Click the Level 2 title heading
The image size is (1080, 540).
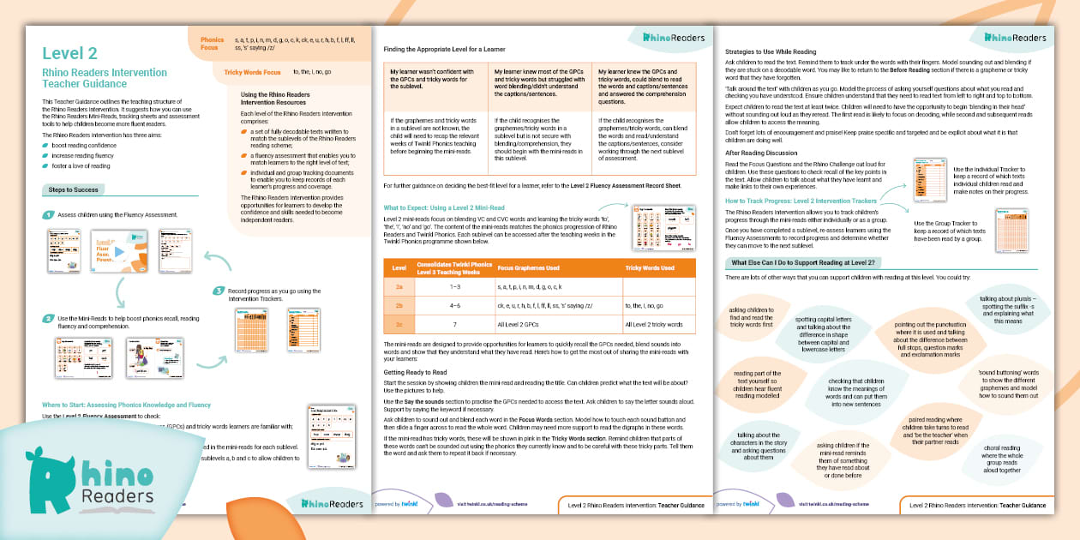coord(70,54)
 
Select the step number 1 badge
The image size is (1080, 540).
coord(49,214)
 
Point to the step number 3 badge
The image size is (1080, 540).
coord(219,291)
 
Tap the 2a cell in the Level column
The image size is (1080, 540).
coord(399,285)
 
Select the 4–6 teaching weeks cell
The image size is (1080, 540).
coord(455,304)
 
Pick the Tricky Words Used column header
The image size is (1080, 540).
coord(650,267)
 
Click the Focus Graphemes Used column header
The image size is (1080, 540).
coord(529,267)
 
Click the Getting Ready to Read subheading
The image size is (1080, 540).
coord(415,373)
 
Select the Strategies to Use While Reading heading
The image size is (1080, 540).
coord(771,51)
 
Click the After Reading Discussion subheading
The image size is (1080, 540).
coord(761,153)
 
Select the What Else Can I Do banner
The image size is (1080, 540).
coord(802,262)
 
